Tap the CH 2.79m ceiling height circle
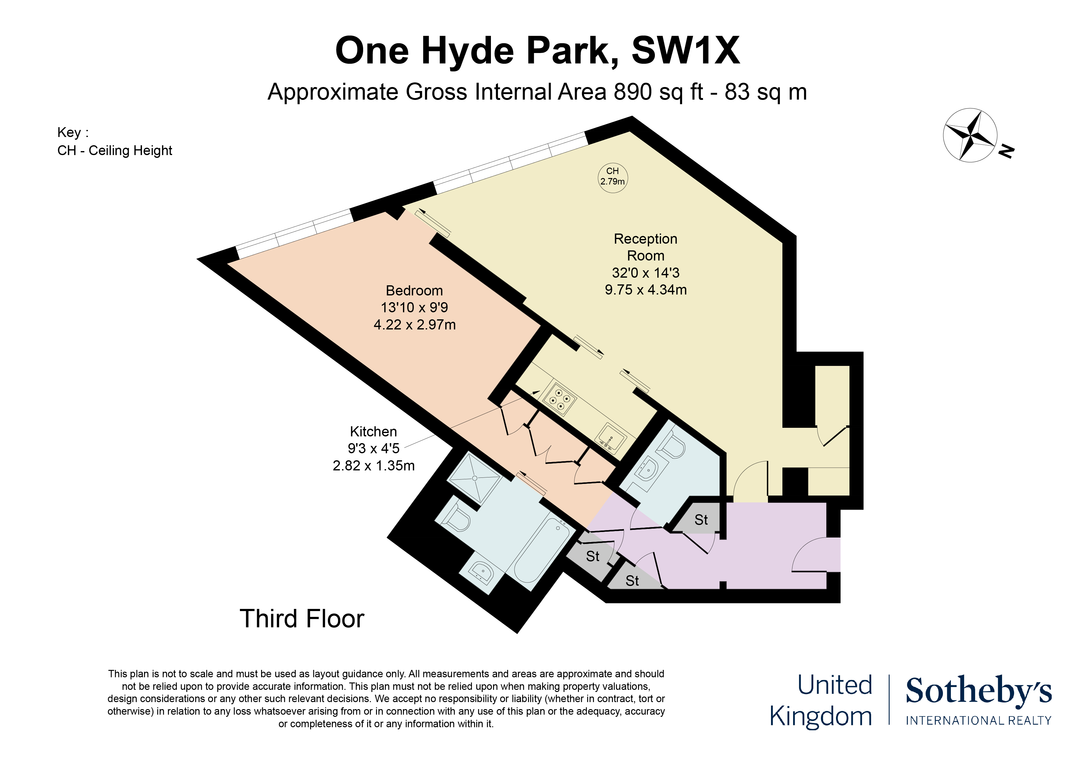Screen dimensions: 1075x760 pyautogui.click(x=612, y=177)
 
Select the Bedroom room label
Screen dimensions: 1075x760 pyautogui.click(x=414, y=291)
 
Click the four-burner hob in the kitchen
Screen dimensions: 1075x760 pyautogui.click(x=560, y=399)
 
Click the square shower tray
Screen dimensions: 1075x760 pyautogui.click(x=474, y=478)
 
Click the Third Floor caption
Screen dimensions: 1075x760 pyautogui.click(x=302, y=619)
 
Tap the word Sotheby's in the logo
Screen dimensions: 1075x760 pyautogui.click(x=978, y=691)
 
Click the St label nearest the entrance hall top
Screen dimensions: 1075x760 pyautogui.click(x=701, y=520)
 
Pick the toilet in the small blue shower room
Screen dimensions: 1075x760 pyautogui.click(x=673, y=445)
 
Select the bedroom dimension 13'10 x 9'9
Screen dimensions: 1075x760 pyautogui.click(x=414, y=308)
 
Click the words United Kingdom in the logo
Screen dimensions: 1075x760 pyautogui.click(x=821, y=701)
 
